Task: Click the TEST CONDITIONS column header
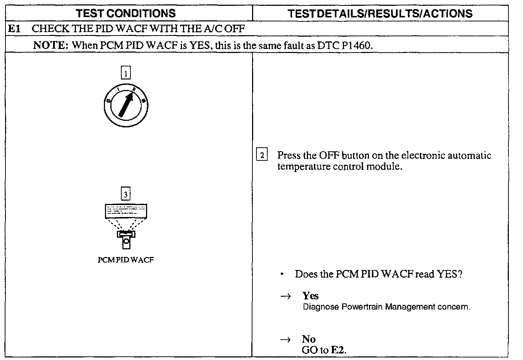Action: [x=126, y=13]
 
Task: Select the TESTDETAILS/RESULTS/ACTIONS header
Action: [x=380, y=13]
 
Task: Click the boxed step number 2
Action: [x=262, y=155]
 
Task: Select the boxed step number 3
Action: [x=126, y=195]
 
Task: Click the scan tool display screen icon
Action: [x=126, y=211]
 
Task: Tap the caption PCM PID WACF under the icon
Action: [x=126, y=260]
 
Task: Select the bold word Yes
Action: [x=311, y=296]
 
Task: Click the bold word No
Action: [x=309, y=339]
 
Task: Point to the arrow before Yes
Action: [x=285, y=296]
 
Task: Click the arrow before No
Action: [x=285, y=340]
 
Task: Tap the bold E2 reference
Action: [x=338, y=350]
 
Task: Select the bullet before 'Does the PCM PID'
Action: [x=282, y=274]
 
